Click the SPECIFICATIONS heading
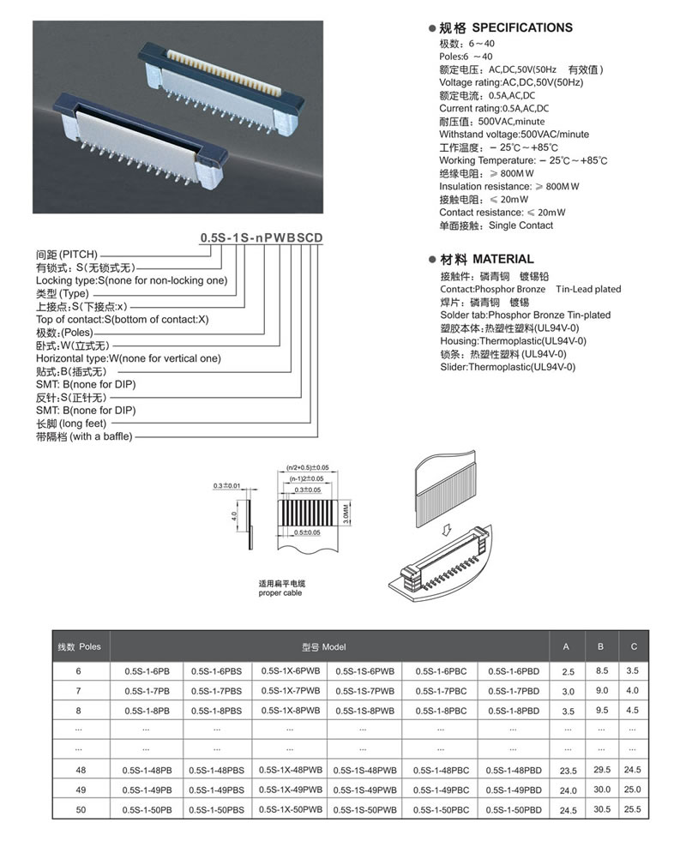[x=522, y=27]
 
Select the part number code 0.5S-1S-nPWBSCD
[x=262, y=237]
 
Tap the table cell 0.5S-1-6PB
[x=146, y=670]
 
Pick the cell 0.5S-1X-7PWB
[x=291, y=690]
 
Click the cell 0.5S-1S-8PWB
[x=364, y=711]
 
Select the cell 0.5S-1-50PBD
[x=513, y=809]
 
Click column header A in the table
[x=566, y=646]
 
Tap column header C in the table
[x=632, y=646]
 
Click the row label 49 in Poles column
[x=81, y=790]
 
